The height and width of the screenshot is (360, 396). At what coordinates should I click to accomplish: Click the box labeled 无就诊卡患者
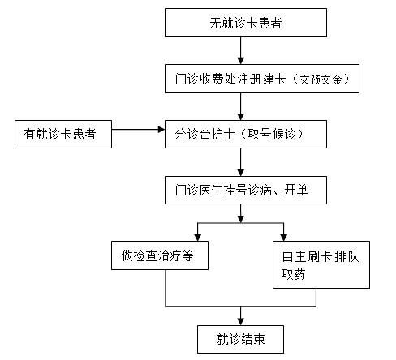(246, 23)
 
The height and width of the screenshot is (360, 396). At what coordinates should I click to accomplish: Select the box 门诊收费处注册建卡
(262, 79)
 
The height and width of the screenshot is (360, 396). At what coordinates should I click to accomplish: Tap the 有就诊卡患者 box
(63, 134)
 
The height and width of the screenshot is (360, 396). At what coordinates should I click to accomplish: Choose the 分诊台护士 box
(246, 134)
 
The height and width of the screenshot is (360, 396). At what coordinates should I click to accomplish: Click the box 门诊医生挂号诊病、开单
(246, 190)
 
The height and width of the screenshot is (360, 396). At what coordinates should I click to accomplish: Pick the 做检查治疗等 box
(160, 255)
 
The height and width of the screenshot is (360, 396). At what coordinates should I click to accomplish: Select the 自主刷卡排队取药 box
(321, 264)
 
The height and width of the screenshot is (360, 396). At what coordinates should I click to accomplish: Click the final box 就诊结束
(240, 339)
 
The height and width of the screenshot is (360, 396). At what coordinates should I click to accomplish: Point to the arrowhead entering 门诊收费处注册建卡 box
(240, 61)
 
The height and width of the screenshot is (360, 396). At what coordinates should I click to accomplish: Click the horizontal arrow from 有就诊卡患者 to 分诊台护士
(138, 130)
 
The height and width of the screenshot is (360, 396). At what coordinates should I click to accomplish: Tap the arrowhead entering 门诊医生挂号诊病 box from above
(240, 173)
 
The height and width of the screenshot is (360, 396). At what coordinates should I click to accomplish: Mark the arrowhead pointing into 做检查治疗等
(198, 238)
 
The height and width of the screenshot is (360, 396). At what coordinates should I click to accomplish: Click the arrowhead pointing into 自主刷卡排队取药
(283, 238)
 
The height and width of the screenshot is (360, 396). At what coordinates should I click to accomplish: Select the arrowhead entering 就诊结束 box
(240, 322)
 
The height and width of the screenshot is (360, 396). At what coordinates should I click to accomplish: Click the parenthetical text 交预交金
(321, 79)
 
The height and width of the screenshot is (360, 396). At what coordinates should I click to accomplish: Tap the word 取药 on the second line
(294, 274)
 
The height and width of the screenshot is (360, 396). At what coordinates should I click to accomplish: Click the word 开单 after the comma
(296, 190)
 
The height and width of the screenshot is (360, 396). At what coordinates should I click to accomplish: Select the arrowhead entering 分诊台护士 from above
(240, 117)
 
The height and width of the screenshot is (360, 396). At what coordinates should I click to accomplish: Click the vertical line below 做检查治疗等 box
(166, 288)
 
